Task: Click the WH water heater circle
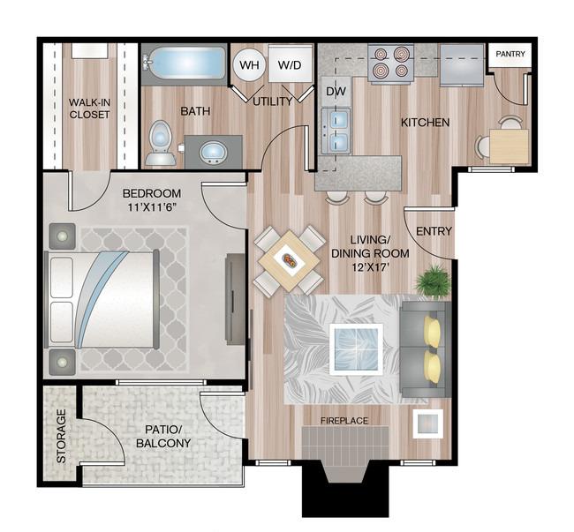tap(249, 65)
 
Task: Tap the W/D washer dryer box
tap(290, 64)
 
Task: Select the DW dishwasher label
tap(336, 92)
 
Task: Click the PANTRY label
tap(510, 54)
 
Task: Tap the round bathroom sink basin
tap(214, 153)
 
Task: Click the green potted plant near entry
tap(433, 281)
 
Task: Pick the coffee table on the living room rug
tap(356, 349)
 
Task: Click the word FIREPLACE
tap(344, 421)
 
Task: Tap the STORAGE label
tap(62, 436)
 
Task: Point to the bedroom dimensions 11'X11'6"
tap(152, 207)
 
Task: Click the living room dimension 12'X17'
tap(370, 267)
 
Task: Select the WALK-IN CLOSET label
tap(89, 109)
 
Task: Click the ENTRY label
tap(434, 231)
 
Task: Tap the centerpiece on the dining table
tap(290, 260)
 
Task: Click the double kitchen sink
tap(336, 131)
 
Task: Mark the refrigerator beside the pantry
tap(462, 65)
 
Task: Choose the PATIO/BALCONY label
tap(163, 436)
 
